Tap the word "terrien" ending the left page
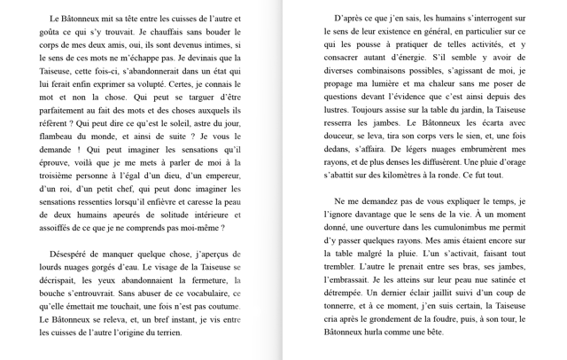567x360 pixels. click(167, 333)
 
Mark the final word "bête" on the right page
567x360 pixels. click(429, 332)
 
